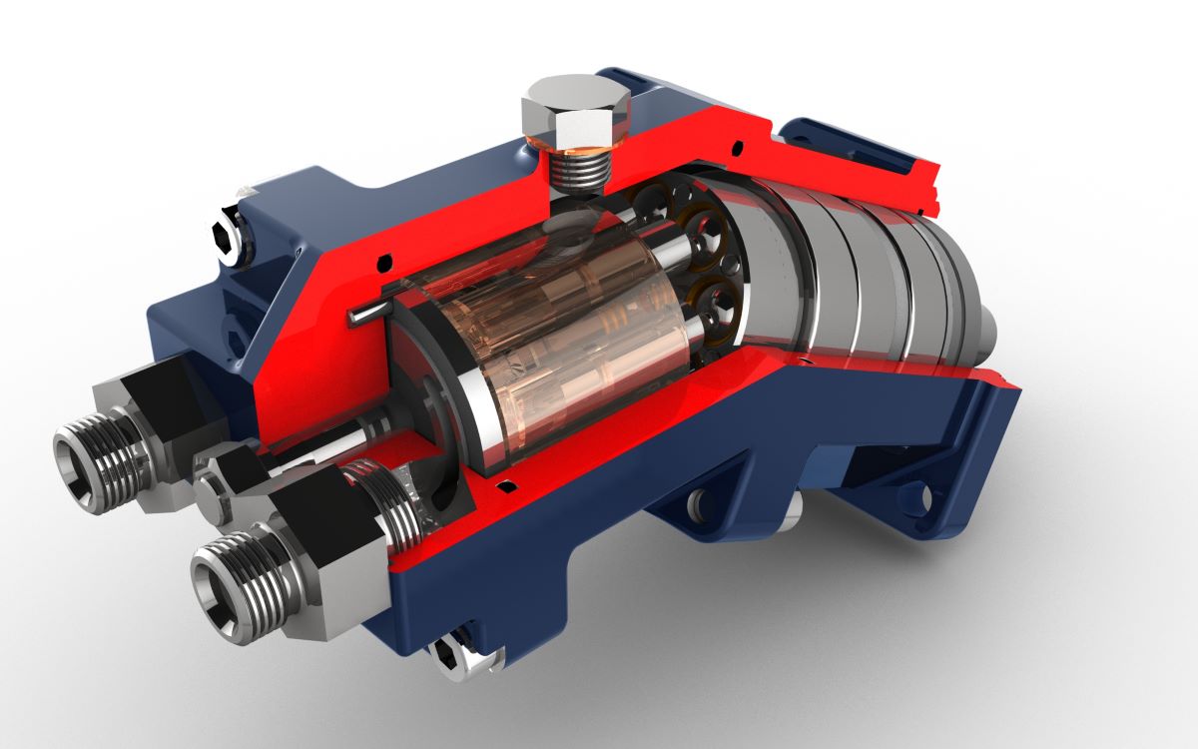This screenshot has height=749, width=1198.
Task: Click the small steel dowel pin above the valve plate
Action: pos(366,314)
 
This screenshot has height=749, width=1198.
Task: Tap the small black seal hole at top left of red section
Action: pos(383,262)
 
